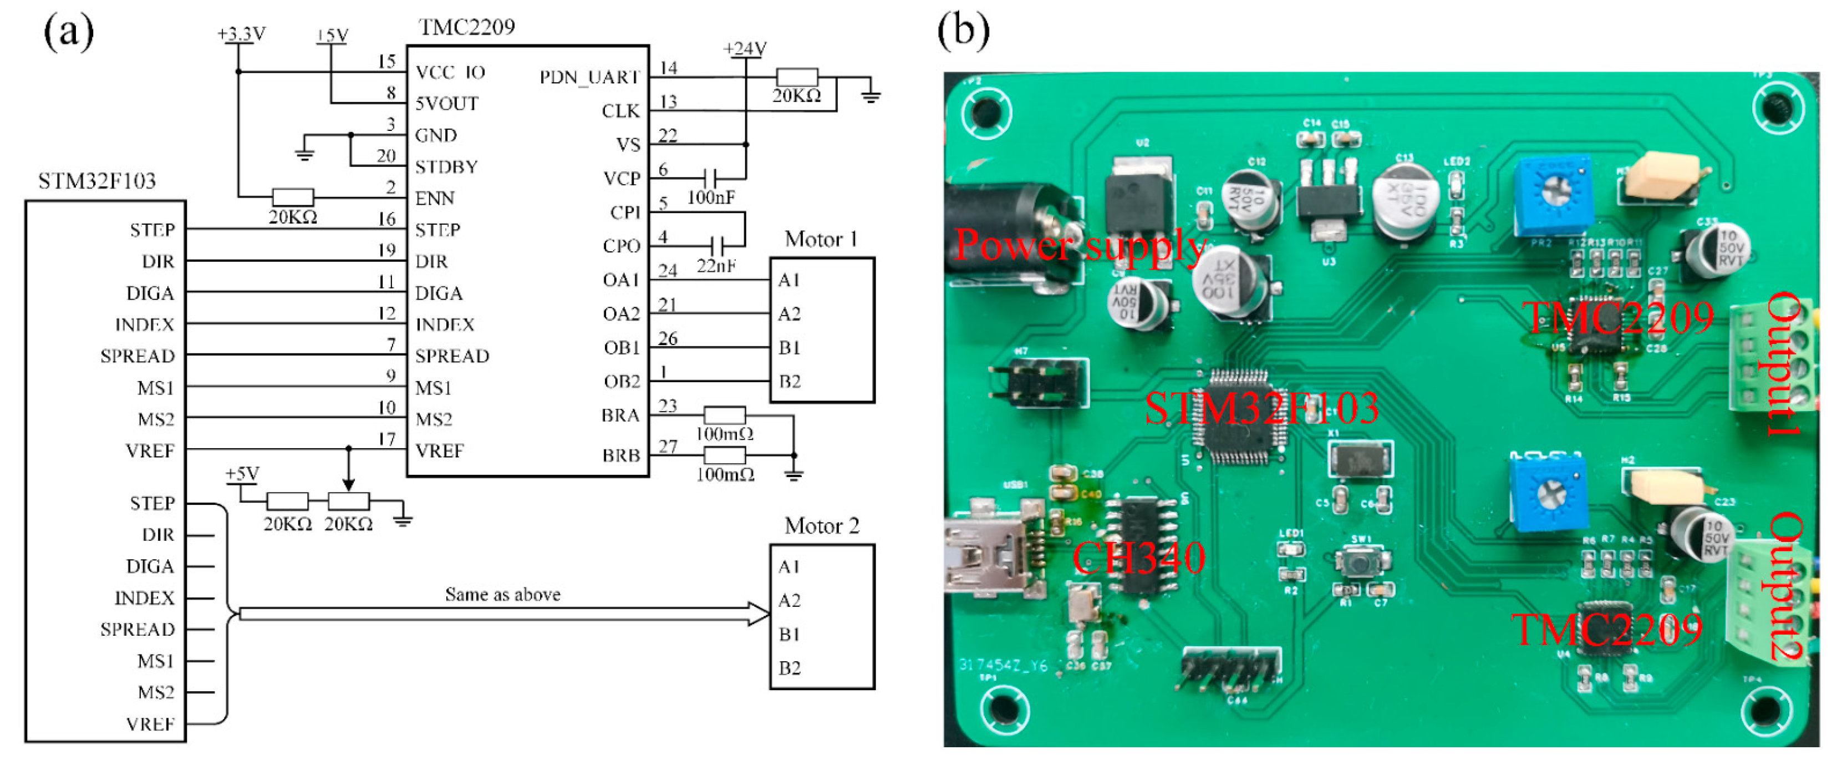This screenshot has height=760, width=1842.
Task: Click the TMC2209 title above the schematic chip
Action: pyautogui.click(x=466, y=27)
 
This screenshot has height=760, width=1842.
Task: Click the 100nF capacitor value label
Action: pyautogui.click(x=711, y=197)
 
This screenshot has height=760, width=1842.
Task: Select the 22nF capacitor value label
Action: pyautogui.click(x=716, y=266)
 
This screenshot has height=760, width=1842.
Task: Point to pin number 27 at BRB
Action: pyautogui.click(x=667, y=447)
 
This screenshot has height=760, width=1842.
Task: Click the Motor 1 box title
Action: pyautogui.click(x=821, y=239)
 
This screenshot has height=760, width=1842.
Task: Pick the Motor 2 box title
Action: pyautogui.click(x=821, y=526)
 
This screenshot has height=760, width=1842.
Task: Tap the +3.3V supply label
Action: pyautogui.click(x=241, y=34)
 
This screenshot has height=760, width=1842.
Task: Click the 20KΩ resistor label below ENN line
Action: pyautogui.click(x=292, y=217)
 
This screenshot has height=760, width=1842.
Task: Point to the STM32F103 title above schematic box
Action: pyautogui.click(x=96, y=181)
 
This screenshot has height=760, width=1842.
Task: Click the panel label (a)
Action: pyautogui.click(x=69, y=32)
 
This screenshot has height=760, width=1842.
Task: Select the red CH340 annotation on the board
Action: pyautogui.click(x=1138, y=558)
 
